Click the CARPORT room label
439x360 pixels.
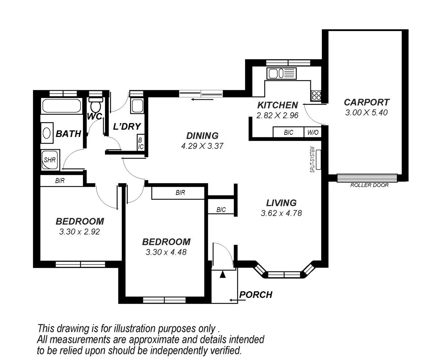(366, 102)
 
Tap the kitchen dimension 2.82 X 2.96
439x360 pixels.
(278, 115)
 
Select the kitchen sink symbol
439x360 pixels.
(281, 73)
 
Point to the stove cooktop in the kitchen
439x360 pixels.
(316, 96)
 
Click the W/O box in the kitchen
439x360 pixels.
(313, 132)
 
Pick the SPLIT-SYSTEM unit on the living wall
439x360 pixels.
(318, 160)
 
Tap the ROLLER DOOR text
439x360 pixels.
(369, 185)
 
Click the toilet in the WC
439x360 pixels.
(95, 106)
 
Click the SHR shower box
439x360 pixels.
(49, 160)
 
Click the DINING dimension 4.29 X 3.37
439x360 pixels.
(202, 146)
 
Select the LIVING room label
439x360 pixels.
(281, 202)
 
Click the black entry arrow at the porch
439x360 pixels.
(222, 274)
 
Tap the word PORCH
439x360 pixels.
(256, 295)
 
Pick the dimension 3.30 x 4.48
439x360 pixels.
(166, 252)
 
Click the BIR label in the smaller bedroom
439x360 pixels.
(60, 181)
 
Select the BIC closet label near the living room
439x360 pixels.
(221, 210)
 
